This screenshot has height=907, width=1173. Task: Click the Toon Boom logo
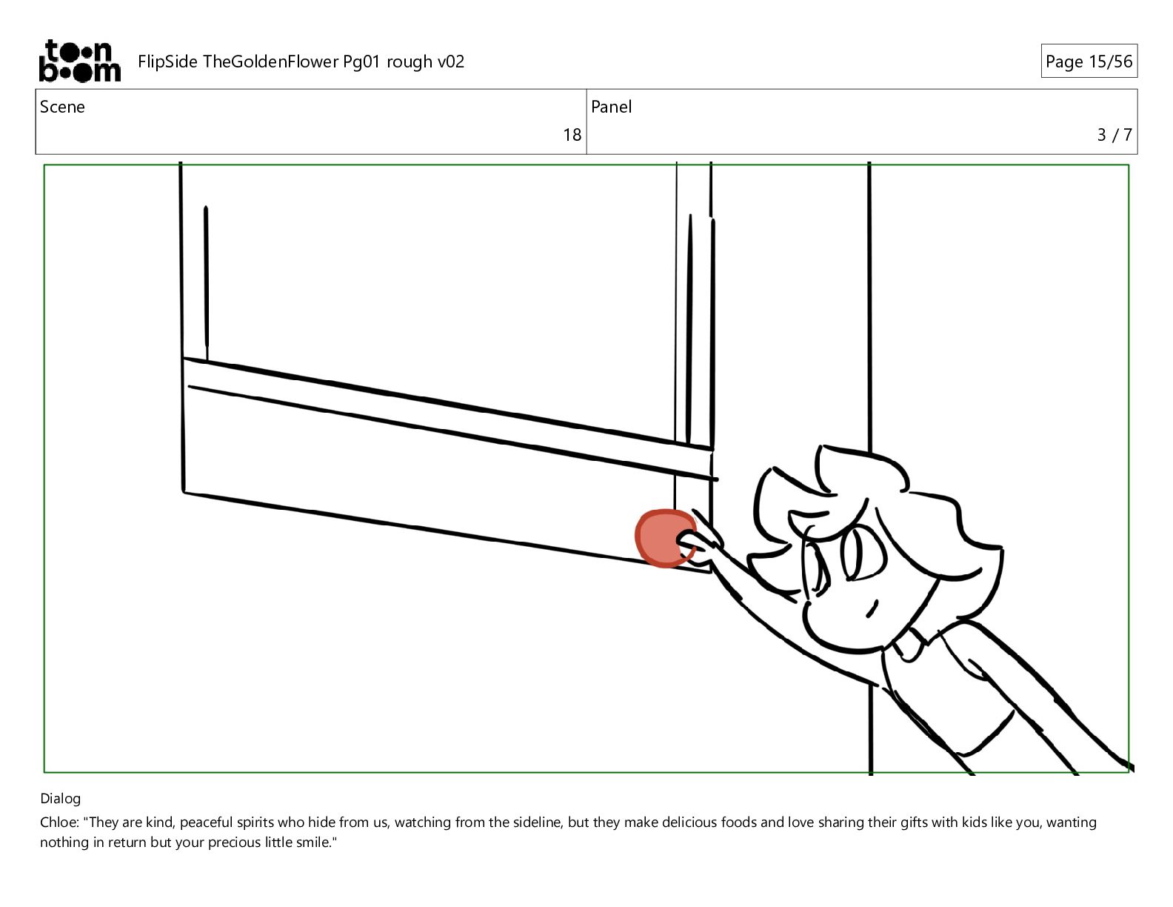click(80, 61)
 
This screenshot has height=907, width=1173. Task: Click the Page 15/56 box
click(1089, 61)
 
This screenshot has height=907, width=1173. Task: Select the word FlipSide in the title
click(167, 62)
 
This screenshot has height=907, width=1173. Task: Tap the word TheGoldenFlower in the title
click(270, 62)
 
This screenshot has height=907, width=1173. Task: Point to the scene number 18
click(572, 135)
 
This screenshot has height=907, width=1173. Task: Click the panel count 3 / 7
click(1114, 135)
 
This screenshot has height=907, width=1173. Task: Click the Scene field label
click(62, 107)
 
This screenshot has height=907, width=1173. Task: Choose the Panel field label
click(610, 107)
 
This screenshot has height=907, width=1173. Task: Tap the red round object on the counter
click(664, 538)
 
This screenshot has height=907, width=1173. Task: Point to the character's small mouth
click(872, 609)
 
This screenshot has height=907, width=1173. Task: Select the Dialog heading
click(60, 798)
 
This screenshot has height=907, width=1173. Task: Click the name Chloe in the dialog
click(59, 823)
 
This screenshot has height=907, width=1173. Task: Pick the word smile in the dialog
click(312, 843)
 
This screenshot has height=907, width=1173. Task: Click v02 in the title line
click(451, 62)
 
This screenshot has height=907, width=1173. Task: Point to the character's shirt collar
click(912, 645)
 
